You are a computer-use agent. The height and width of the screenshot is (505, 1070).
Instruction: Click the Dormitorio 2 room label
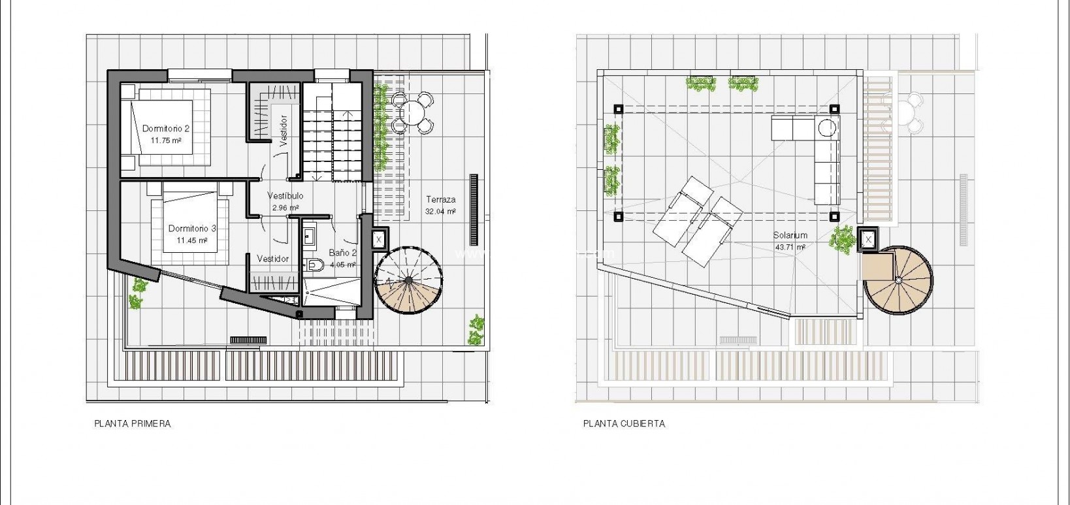tap(166, 129)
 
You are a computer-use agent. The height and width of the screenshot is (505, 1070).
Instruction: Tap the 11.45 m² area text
tap(191, 240)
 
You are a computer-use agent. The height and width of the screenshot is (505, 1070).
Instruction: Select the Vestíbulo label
tap(285, 195)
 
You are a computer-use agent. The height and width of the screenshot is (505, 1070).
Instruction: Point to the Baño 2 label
tap(342, 253)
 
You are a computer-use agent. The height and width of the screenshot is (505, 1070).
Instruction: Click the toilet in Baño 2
tap(315, 265)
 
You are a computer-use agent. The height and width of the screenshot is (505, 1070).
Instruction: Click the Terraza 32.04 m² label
tap(440, 205)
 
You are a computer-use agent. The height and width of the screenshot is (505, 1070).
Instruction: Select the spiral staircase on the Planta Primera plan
tap(409, 280)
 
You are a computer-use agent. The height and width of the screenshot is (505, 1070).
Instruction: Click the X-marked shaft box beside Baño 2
tap(379, 240)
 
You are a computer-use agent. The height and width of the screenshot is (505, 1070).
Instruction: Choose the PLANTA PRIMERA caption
tap(133, 423)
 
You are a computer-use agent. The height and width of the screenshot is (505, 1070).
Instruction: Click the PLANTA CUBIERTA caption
tap(624, 423)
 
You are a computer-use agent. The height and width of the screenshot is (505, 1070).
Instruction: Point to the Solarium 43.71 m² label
tap(790, 240)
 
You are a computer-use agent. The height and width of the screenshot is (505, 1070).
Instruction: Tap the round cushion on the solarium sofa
tap(828, 127)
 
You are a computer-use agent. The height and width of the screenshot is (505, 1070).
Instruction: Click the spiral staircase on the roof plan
tap(899, 280)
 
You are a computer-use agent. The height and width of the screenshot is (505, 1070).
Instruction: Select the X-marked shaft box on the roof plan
tap(868, 240)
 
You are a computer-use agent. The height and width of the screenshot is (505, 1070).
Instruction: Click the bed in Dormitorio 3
tap(190, 225)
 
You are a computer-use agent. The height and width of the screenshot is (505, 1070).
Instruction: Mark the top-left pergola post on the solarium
tap(618, 109)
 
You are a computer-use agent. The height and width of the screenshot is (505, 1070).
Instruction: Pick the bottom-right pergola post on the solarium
tap(834, 216)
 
